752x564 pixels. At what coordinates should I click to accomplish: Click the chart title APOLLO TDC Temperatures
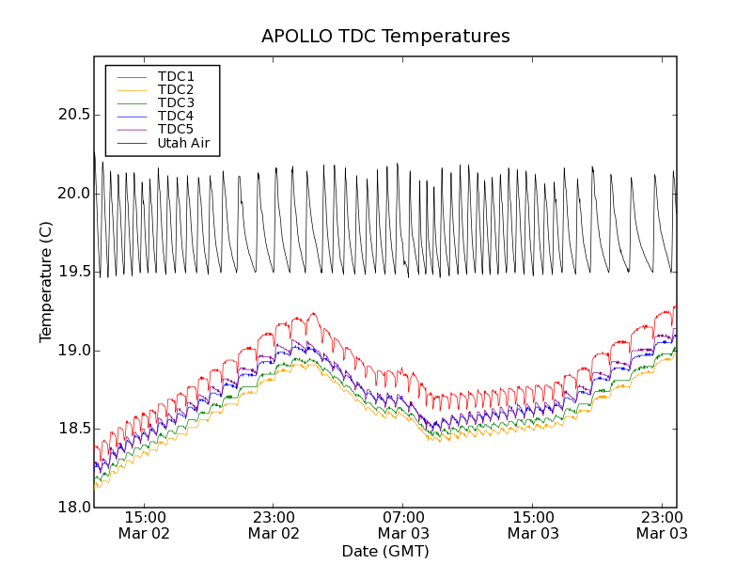point(385,37)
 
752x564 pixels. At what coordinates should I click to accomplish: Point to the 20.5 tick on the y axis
point(70,115)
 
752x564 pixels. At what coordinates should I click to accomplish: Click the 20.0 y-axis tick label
point(70,194)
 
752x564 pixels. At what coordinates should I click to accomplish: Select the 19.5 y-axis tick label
point(70,272)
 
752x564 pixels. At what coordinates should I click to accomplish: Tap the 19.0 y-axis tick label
point(70,351)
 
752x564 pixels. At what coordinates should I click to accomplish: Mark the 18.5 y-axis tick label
point(70,429)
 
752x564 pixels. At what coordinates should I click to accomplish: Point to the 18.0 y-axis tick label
point(70,508)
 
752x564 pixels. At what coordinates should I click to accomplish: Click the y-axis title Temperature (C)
point(46,282)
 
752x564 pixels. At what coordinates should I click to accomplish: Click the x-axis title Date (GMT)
point(385,551)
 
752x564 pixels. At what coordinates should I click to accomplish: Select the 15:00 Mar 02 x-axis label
point(145,525)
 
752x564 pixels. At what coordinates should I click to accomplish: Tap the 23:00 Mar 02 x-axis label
point(274,525)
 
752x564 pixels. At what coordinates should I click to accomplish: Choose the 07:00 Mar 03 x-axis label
point(404,525)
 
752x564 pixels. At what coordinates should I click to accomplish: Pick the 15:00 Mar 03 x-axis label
point(534,525)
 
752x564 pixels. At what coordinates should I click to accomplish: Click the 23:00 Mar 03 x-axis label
point(662,525)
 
